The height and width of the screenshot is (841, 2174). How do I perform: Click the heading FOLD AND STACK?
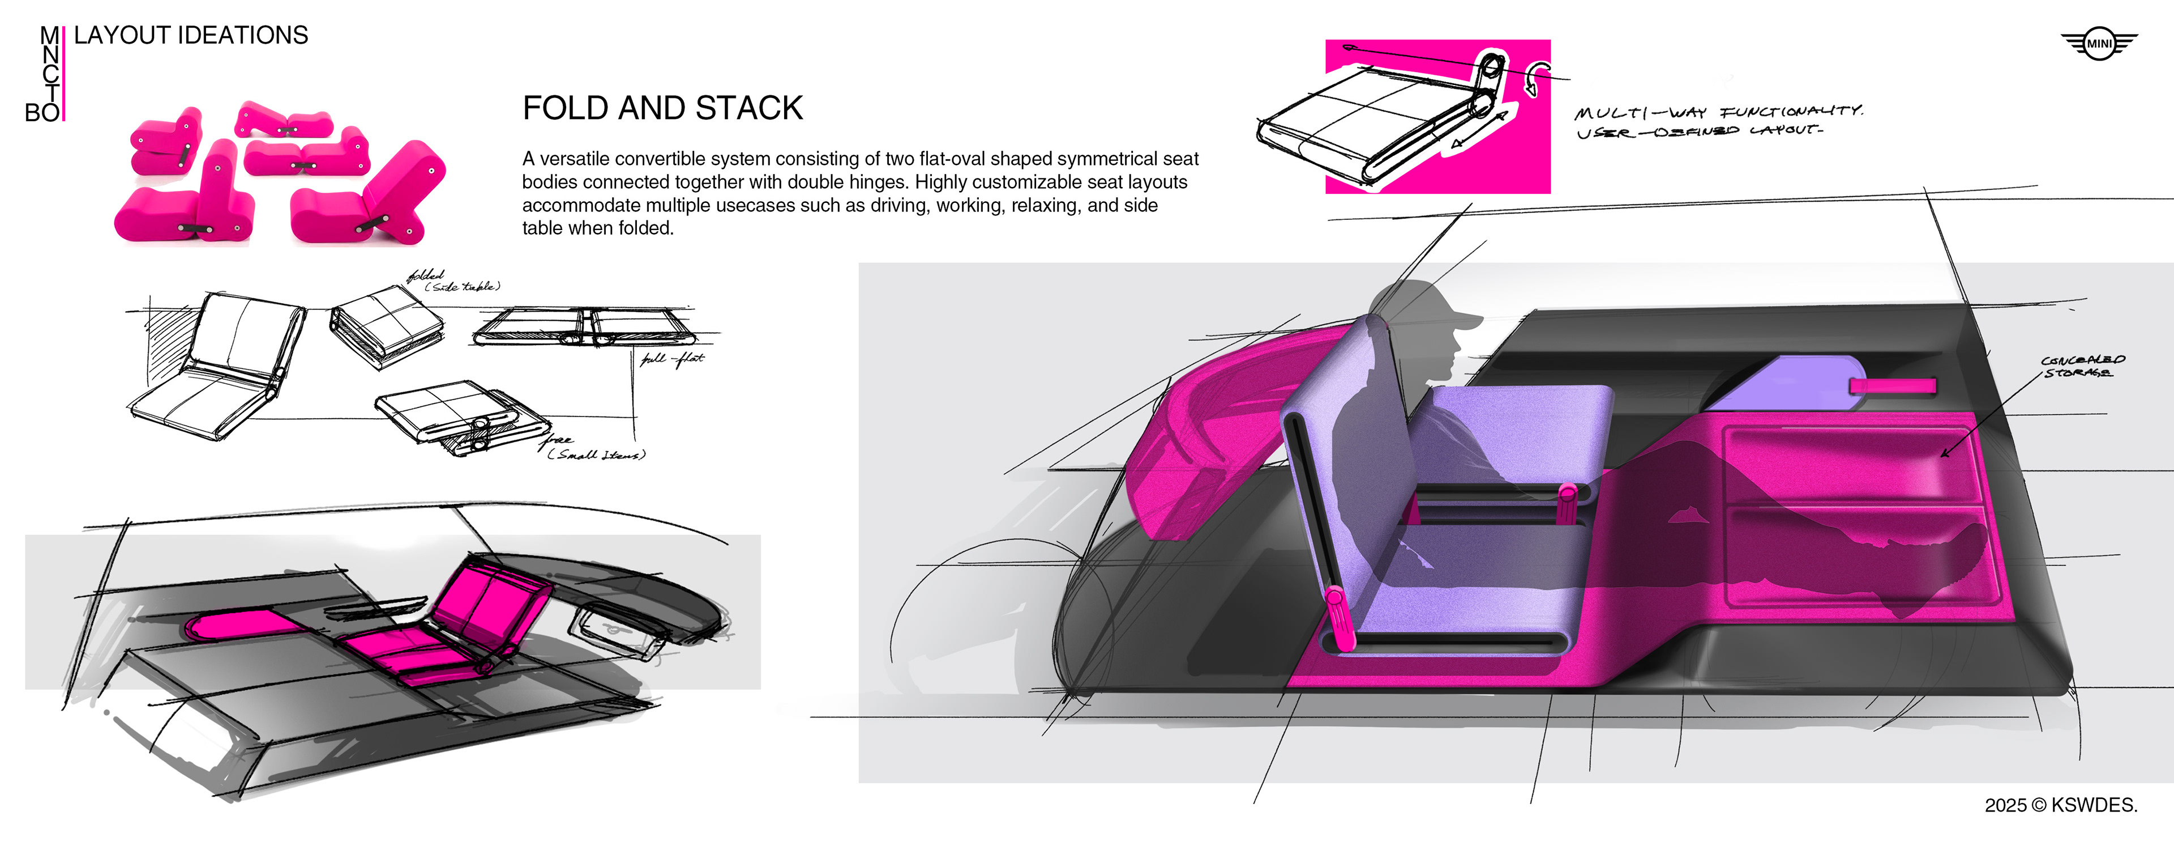click(x=662, y=108)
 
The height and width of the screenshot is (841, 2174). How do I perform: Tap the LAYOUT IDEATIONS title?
click(x=191, y=36)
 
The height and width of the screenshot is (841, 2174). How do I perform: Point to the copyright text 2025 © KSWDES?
click(x=2060, y=805)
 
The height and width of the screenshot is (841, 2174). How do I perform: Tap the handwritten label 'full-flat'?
click(x=672, y=359)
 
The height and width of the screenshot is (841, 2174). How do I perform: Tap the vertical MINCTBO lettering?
click(x=50, y=74)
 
